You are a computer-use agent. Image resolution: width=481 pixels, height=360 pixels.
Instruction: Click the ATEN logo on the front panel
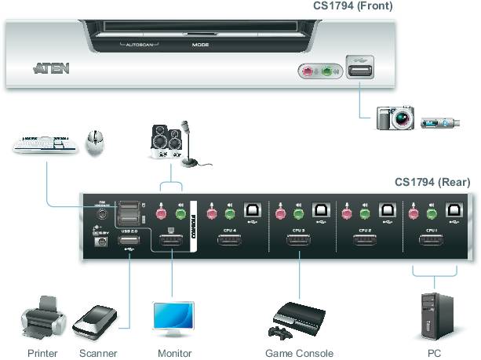click(51, 69)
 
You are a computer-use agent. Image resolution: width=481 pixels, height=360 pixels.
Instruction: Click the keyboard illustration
click(44, 144)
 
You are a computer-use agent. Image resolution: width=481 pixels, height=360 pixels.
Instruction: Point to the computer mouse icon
click(96, 142)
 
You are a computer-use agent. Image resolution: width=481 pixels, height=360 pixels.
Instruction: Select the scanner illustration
click(96, 322)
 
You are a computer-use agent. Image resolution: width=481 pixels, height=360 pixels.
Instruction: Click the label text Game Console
click(299, 354)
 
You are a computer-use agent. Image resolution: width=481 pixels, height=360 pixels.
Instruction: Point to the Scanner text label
click(98, 354)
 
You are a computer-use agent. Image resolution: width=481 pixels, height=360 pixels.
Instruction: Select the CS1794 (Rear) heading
click(432, 182)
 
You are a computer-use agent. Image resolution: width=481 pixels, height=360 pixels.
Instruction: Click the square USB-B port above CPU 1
click(453, 211)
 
